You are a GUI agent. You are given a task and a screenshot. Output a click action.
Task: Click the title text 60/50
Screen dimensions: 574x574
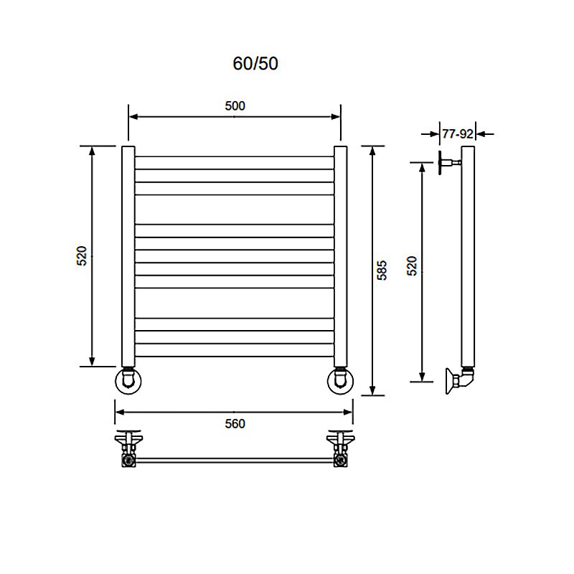pyautogui.click(x=255, y=64)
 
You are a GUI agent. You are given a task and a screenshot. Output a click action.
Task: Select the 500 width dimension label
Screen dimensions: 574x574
pyautogui.click(x=235, y=105)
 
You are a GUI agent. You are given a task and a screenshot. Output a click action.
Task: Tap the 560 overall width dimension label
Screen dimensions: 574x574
pyautogui.click(x=235, y=424)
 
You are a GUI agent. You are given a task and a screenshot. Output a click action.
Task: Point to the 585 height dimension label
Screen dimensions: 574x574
pyautogui.click(x=382, y=270)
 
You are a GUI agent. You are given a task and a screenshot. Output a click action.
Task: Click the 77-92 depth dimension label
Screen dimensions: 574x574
pyautogui.click(x=456, y=133)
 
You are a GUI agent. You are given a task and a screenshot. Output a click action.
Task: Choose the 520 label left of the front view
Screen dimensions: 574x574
pyautogui.click(x=82, y=255)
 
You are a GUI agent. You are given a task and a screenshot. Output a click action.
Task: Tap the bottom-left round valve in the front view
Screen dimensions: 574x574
pyautogui.click(x=128, y=381)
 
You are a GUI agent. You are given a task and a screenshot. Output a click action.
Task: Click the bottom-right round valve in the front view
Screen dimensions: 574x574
pyautogui.click(x=340, y=381)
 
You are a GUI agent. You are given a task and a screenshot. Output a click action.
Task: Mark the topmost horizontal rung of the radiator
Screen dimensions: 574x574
pyautogui.click(x=234, y=156)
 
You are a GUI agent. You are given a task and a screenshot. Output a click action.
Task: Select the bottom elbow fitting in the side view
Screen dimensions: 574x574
pyautogui.click(x=459, y=379)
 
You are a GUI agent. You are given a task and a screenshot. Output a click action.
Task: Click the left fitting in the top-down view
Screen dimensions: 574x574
pyautogui.click(x=128, y=448)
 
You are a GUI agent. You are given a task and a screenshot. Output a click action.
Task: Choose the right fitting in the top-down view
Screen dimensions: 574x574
pyautogui.click(x=339, y=448)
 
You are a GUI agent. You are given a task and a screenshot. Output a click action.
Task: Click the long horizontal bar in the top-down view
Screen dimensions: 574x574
pyautogui.click(x=234, y=459)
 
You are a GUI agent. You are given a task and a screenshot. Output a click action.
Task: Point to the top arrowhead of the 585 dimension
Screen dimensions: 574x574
pyautogui.click(x=371, y=150)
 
